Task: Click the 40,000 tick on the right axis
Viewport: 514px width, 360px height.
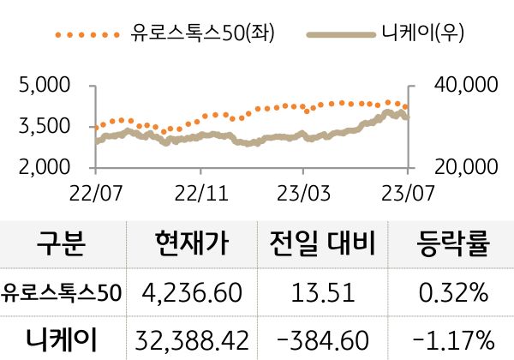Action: pyautogui.click(x=466, y=85)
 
